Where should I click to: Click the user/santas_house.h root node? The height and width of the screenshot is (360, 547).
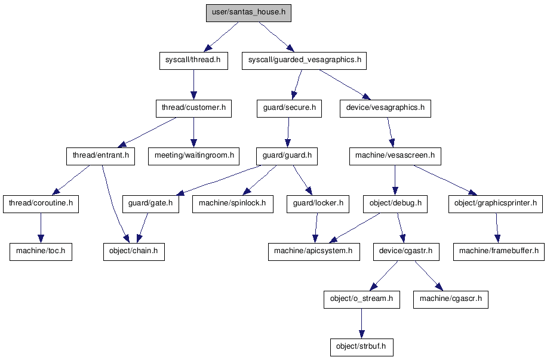pos(248,13)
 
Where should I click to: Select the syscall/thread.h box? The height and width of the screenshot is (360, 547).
pos(193,60)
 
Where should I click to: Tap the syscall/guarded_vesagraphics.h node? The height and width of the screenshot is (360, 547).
pos(304,60)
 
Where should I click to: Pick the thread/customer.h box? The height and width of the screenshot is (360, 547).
pos(193,108)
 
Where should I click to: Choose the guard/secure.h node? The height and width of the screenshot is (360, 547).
pos(289,108)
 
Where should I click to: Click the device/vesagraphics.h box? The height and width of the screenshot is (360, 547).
pos(385,108)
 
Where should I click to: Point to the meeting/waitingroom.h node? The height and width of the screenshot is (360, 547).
pos(193,156)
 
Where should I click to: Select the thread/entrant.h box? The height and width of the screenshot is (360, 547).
pos(100,156)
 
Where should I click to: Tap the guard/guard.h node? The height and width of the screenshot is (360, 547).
pos(287,156)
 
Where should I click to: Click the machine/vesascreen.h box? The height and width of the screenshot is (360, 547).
pos(394,156)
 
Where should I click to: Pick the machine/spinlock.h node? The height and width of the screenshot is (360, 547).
pos(233,204)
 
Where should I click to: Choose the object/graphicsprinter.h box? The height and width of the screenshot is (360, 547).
pos(496,204)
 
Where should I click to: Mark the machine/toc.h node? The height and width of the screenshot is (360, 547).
pos(41,251)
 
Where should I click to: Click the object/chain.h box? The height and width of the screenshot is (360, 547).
pos(134,251)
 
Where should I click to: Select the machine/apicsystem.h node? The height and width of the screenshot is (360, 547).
pos(314,251)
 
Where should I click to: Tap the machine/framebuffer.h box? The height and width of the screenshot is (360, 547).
pos(499,251)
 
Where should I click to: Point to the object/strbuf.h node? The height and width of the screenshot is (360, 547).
pos(361,346)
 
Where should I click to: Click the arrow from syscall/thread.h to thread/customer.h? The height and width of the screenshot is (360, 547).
pos(193,84)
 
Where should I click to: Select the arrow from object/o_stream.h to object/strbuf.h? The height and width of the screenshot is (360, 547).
pos(360,322)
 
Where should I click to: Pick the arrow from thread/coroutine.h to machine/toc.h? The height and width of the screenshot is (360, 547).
pos(41,227)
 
